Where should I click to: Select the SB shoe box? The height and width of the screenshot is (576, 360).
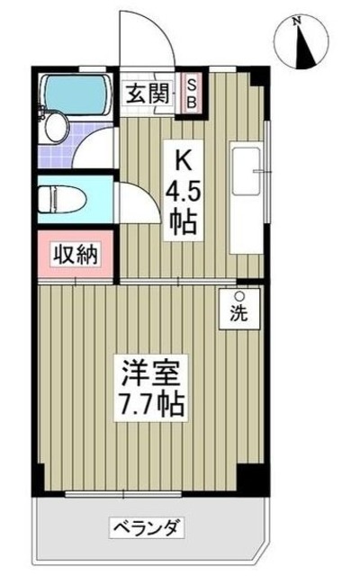point(191,92)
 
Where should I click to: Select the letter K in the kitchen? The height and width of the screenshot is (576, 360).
point(181,163)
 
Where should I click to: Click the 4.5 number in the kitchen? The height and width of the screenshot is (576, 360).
point(181,192)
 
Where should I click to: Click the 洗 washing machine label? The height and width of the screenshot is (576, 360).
point(240,316)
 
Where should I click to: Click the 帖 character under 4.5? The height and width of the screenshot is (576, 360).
point(181,221)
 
